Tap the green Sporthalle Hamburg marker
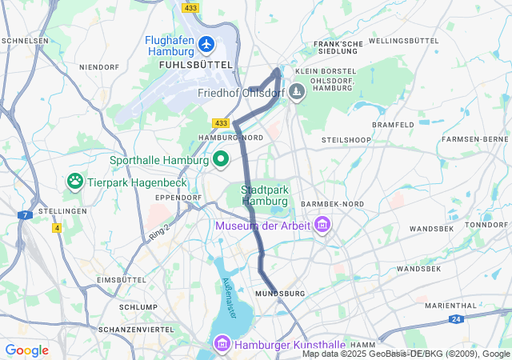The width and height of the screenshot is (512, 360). coord(220,159)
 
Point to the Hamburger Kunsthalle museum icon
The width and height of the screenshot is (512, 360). coord(222,344)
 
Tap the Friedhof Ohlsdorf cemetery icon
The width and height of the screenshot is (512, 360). coord(297,93)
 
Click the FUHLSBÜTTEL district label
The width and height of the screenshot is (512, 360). coord(196,64)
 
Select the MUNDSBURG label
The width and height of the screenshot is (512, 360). coord(280,294)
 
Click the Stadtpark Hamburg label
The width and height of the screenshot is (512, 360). coord(264,195)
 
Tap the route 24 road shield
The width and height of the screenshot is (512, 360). coord(455,318)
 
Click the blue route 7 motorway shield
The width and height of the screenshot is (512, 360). coord(26,215)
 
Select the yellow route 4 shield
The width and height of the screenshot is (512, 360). coord(57,228)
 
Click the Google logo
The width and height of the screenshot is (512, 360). coord(26,350)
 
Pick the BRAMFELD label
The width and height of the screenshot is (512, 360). coord(393,125)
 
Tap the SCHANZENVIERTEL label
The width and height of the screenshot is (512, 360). coord(136,329)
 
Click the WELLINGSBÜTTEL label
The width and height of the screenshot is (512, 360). coord(404,40)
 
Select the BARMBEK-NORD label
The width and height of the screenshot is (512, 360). coord(331,204)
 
